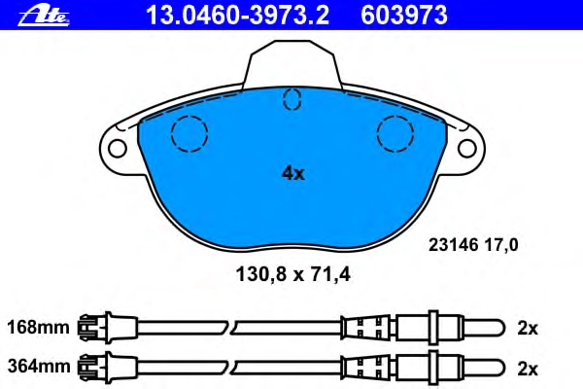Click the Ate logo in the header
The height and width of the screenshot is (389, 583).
[44, 16]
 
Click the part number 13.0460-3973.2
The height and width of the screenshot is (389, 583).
[237, 16]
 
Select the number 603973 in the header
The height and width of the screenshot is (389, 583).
[404, 16]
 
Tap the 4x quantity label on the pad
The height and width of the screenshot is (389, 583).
[293, 173]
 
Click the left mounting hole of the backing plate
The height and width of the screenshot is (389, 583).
[118, 148]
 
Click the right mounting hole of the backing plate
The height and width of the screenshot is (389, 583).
[467, 148]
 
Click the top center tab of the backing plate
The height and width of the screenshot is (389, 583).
[291, 63]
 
